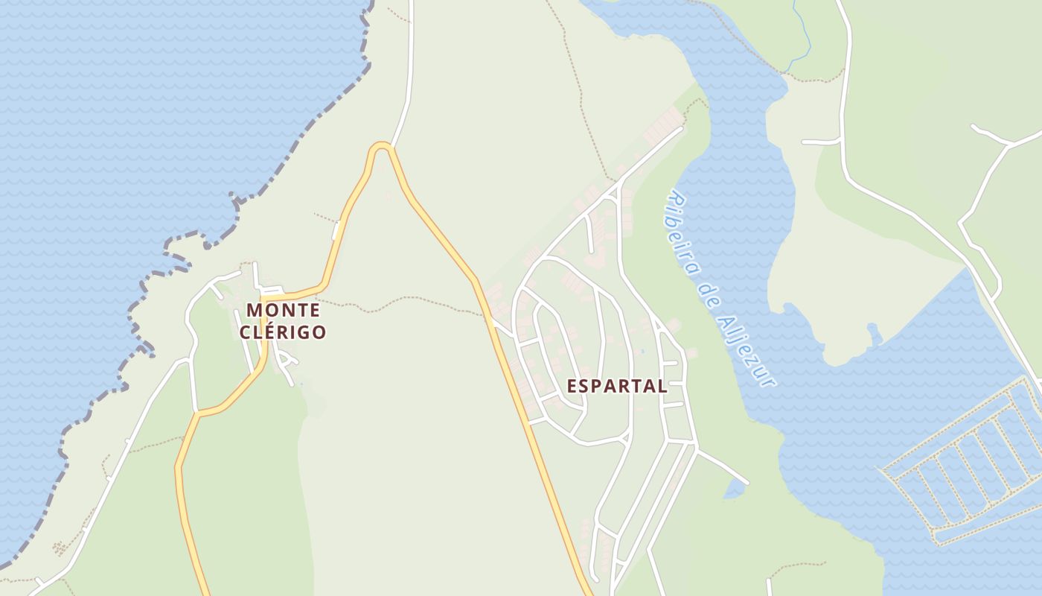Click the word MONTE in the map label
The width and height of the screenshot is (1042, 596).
tap(283, 309)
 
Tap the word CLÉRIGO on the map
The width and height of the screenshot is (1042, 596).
tap(283, 332)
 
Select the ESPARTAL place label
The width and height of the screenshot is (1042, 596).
tap(617, 386)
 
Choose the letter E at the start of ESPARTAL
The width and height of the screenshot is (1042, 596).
tap(572, 386)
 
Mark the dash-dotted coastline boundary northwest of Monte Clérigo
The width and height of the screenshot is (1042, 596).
tap(298, 142)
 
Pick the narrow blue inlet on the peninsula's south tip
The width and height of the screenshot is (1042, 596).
tap(875, 333)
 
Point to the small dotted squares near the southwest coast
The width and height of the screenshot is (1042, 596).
tap(59, 549)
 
